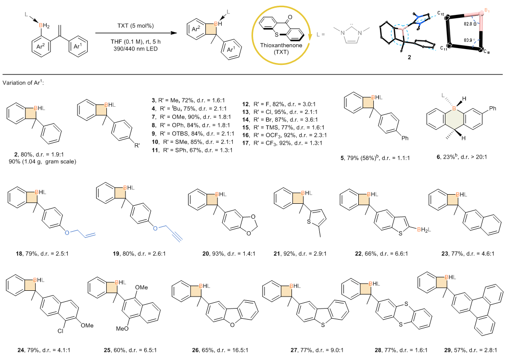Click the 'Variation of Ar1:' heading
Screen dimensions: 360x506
click(x=24, y=83)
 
